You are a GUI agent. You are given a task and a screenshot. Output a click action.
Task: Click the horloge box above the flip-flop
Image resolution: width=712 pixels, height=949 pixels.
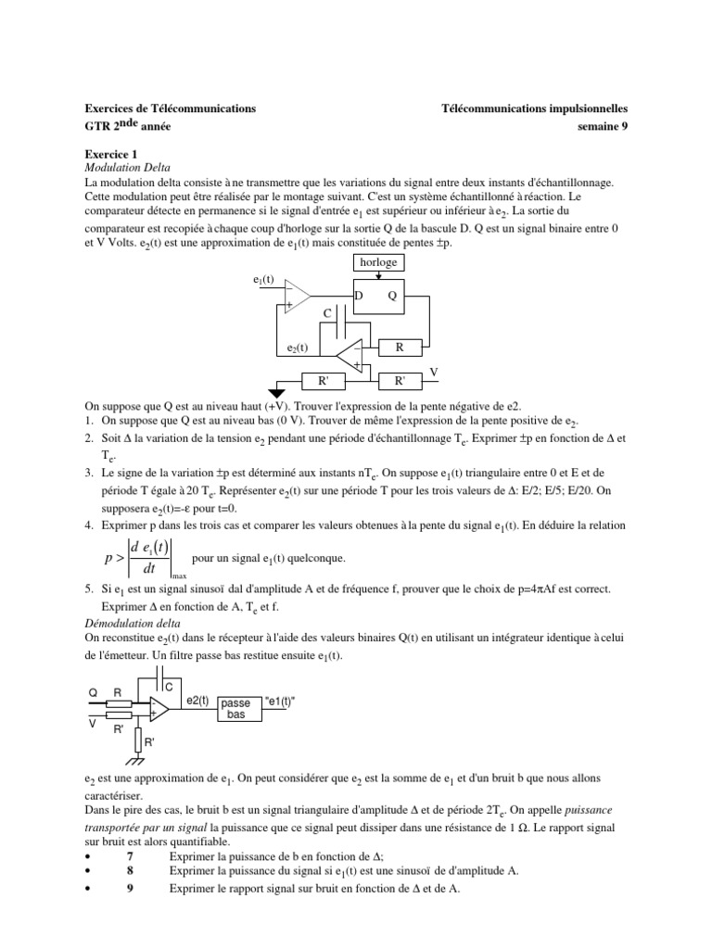378,262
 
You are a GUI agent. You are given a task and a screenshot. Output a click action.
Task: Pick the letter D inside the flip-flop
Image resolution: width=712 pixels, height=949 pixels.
359,295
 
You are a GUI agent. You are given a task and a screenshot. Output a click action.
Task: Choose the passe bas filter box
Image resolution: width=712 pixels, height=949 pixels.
236,709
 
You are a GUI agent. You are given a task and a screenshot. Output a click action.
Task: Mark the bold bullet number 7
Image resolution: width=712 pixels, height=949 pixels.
130,855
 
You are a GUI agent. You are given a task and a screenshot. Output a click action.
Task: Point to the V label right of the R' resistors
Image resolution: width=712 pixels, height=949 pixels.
432,372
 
